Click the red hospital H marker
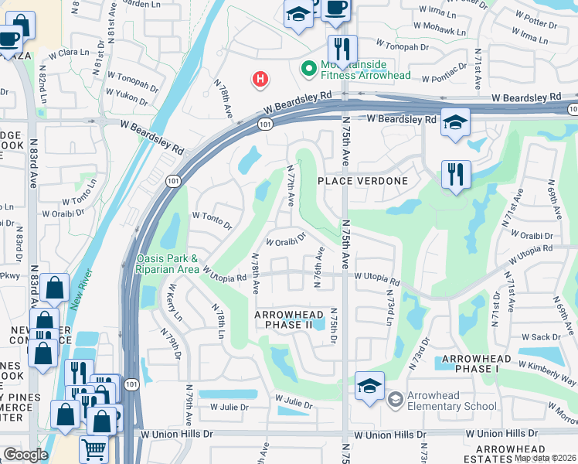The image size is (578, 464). click(x=261, y=79)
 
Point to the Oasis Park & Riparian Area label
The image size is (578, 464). click(x=167, y=264)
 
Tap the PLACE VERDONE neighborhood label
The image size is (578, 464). click(x=362, y=180)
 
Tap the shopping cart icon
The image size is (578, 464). click(x=93, y=449)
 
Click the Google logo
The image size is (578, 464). click(x=25, y=455)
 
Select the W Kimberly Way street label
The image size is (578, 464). click(x=547, y=374)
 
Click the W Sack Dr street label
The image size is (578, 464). click(x=541, y=337)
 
